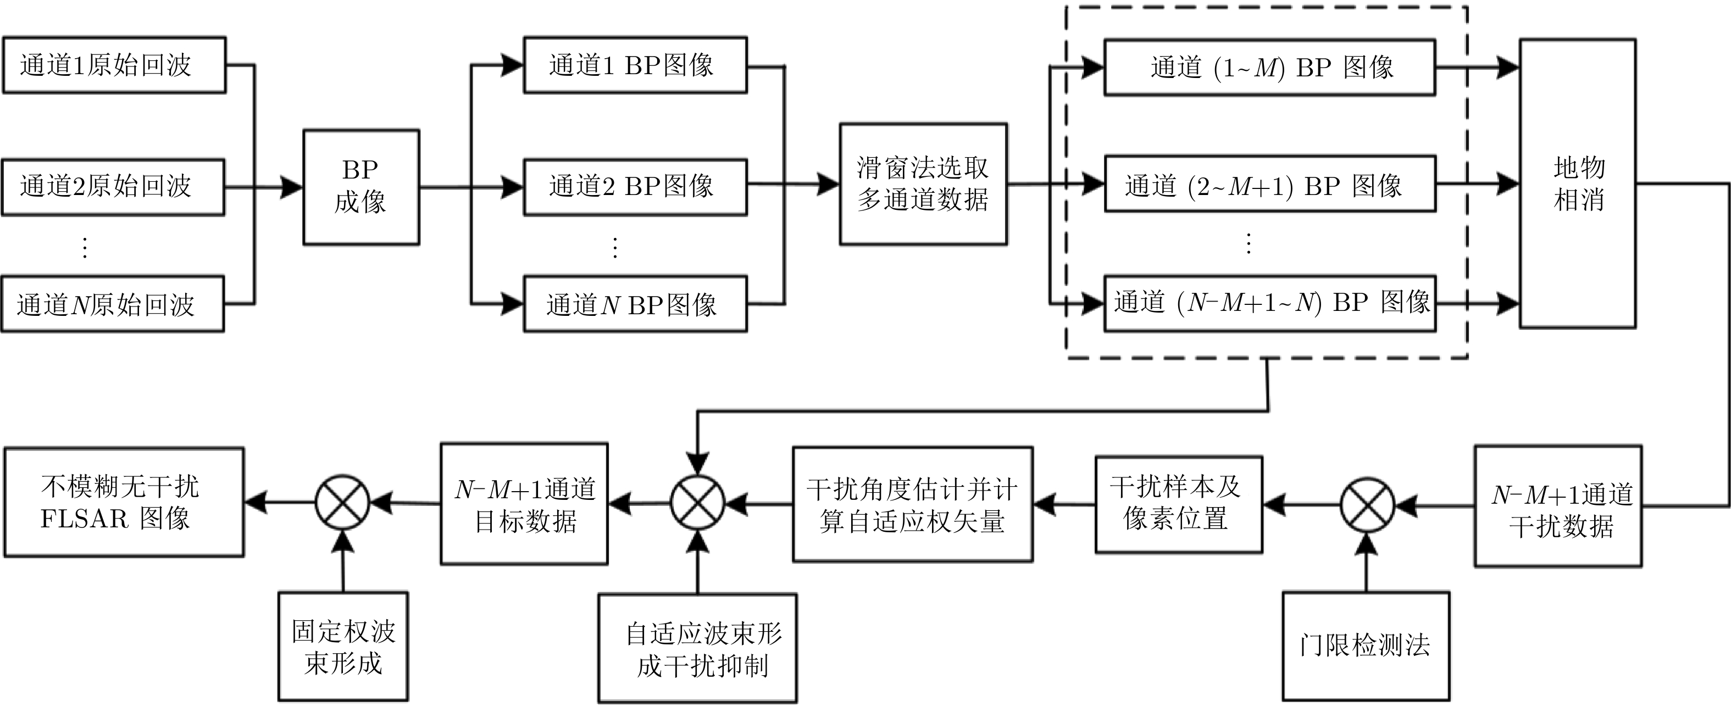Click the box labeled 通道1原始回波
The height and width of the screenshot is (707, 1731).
click(114, 65)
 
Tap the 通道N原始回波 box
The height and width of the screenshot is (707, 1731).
click(113, 304)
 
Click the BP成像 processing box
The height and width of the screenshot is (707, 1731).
click(361, 187)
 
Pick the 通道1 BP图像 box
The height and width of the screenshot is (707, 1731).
click(635, 65)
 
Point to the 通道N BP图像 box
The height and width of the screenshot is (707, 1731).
click(635, 304)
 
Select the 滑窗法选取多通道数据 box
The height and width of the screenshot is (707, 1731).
click(923, 184)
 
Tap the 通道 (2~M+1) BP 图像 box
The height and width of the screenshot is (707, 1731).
click(1270, 184)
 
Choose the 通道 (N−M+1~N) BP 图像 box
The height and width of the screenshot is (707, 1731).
click(1270, 303)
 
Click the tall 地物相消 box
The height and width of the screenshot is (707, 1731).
click(1577, 183)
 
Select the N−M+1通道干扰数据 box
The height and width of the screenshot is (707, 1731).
click(1558, 506)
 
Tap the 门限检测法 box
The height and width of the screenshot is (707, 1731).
click(1366, 645)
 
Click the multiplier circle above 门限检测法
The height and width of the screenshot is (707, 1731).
click(1367, 505)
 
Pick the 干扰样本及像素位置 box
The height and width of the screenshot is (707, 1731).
click(1179, 504)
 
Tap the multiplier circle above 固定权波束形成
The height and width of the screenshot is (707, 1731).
click(343, 502)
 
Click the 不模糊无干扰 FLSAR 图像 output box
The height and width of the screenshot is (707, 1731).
click(124, 502)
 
